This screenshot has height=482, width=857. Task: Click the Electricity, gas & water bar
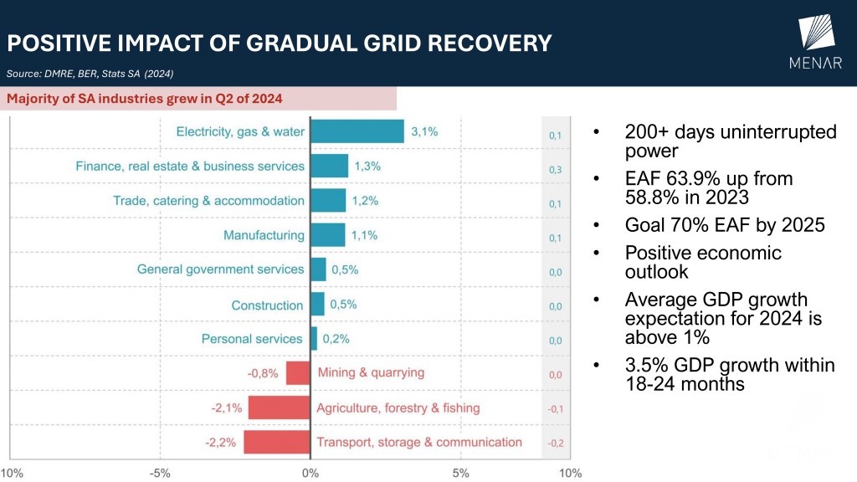[x=357, y=131]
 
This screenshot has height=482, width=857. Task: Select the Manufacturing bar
[x=328, y=235]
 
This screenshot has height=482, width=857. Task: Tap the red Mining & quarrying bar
[x=298, y=372]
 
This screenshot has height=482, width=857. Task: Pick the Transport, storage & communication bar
[x=277, y=442]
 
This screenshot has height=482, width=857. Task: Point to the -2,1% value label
[x=227, y=408]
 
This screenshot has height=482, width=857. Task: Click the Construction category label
[x=267, y=305]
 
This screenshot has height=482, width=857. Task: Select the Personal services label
[x=252, y=339]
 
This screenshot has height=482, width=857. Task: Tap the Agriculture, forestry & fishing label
[x=398, y=408]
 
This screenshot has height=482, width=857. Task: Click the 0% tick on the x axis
[x=310, y=473]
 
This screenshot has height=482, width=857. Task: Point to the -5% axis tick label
[x=160, y=473]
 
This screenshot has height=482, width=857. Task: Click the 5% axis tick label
[x=460, y=473]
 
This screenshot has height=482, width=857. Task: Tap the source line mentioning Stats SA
[x=90, y=74]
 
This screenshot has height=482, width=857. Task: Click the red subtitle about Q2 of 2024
[x=145, y=99]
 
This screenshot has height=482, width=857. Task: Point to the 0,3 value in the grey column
[x=555, y=170]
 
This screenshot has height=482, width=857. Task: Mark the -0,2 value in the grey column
[x=555, y=443]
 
